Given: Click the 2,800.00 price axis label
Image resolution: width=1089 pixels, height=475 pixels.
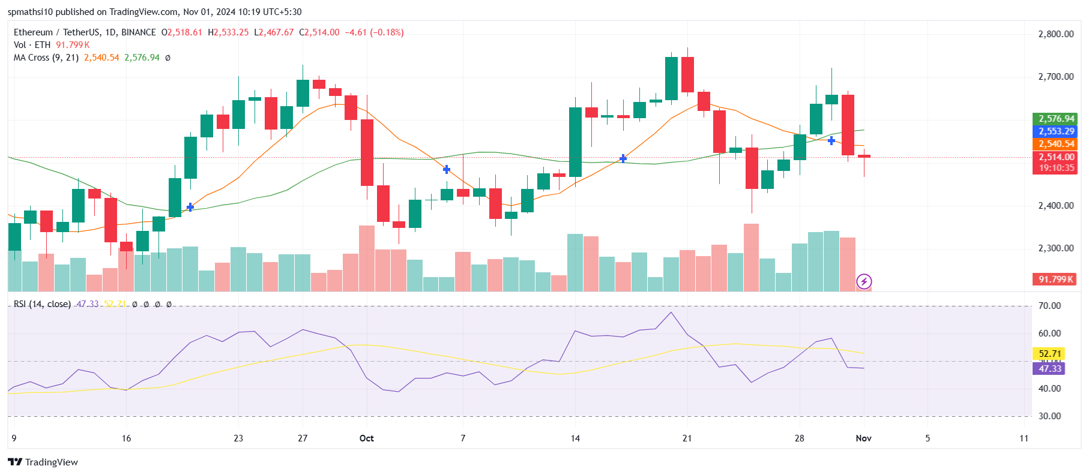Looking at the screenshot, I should [x=1055, y=34].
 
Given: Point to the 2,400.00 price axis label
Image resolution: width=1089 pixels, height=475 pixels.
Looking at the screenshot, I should [x=1055, y=206].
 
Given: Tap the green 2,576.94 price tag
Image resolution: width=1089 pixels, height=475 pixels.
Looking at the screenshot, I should [x=1056, y=119].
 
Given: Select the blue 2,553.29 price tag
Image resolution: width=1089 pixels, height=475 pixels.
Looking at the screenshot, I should [x=1056, y=131].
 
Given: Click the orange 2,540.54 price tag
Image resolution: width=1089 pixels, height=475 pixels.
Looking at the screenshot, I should [x=1056, y=144].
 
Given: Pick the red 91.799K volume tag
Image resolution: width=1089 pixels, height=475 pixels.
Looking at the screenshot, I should [x=1056, y=279].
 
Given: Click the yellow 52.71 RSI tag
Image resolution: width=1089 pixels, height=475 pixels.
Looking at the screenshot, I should [x=1049, y=354].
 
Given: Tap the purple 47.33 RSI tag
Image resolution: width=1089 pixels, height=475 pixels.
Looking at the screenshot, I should [x=1049, y=369].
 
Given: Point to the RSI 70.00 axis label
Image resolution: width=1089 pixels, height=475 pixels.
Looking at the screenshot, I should [x=1049, y=306].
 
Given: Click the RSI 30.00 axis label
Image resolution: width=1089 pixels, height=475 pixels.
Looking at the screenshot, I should [x=1049, y=416].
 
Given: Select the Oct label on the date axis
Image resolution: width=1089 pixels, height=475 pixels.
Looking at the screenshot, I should [x=366, y=438].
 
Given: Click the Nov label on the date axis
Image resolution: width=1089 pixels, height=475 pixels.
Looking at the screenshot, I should [x=863, y=438].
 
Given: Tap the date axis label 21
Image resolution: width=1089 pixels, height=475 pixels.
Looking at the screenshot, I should [x=687, y=438].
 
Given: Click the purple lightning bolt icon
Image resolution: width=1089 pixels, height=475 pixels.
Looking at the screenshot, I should [x=864, y=281].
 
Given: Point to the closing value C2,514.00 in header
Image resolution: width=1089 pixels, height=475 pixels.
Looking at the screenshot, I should [x=319, y=32].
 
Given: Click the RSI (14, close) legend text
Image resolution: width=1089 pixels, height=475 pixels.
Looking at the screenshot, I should [x=42, y=304].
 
